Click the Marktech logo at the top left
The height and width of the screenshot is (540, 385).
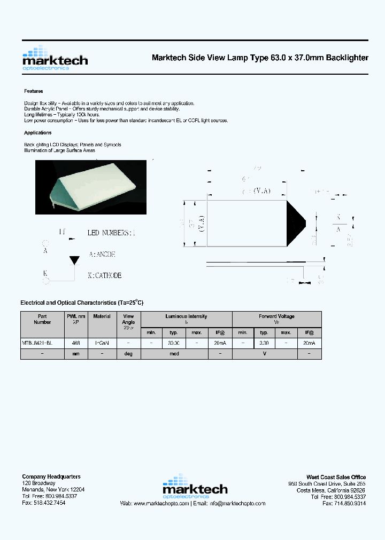coord(55,58)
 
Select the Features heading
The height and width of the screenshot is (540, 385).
coord(34,91)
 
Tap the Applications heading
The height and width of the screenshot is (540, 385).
coord(38,133)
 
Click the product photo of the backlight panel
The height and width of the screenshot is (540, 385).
coord(90,187)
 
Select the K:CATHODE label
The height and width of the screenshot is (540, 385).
coord(105,275)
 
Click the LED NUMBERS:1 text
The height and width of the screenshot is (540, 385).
coord(112,233)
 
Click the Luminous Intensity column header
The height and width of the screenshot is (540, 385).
coord(186,316)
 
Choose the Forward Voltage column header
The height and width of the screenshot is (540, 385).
coord(276,316)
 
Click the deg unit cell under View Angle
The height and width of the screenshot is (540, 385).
coord(128,354)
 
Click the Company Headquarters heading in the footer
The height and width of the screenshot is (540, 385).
coord(51,477)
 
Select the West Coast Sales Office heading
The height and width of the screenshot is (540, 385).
coord(336,477)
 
